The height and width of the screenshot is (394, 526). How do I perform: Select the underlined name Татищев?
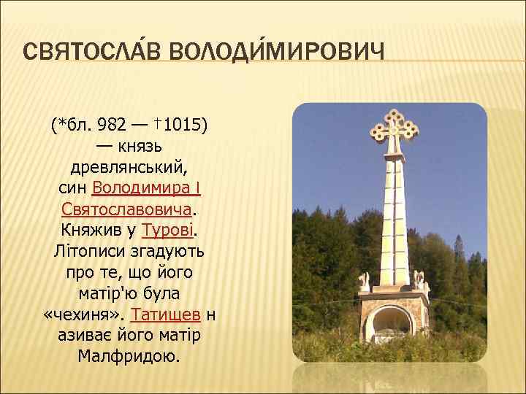(x=164, y=315)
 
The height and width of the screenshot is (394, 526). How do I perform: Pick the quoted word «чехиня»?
(x=83, y=315)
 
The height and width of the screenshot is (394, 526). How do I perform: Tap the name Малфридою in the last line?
(x=129, y=358)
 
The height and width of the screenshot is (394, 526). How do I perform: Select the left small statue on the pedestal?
(x=363, y=281)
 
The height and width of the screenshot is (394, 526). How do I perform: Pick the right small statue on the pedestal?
(x=419, y=279)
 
